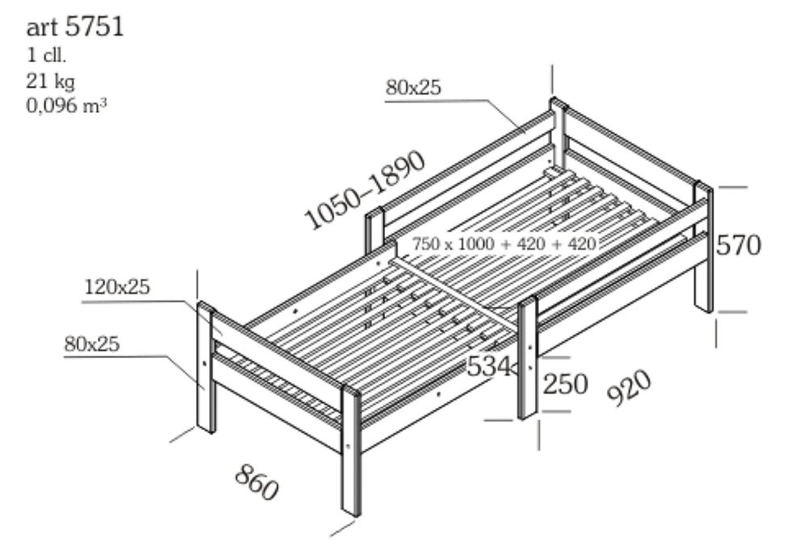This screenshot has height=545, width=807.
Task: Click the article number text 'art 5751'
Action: point(75,27)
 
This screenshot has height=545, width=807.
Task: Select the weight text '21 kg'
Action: point(52,81)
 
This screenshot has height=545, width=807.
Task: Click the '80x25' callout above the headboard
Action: point(413,88)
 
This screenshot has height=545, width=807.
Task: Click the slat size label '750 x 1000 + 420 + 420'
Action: point(504,243)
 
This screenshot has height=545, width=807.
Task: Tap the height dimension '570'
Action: point(738,245)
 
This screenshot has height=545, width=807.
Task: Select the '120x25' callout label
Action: point(116,286)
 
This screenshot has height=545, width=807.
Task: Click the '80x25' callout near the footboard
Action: point(92,343)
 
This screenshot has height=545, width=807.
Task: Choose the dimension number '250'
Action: point(565,385)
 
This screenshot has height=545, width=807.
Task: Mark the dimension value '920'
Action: point(628,390)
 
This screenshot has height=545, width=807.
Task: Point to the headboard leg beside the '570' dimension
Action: point(704,266)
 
